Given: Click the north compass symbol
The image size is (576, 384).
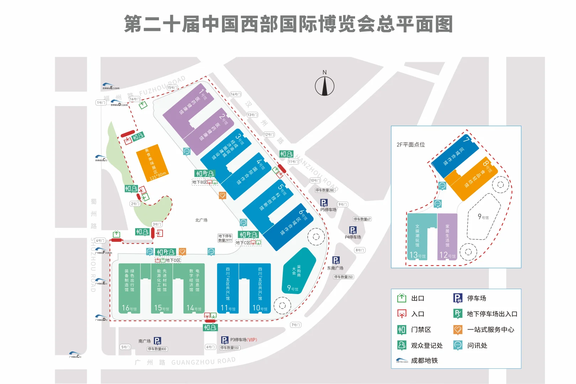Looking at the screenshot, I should (x=324, y=86).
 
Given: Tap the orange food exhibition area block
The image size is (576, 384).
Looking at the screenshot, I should (x=152, y=162).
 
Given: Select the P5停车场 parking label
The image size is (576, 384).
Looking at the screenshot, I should (x=328, y=210).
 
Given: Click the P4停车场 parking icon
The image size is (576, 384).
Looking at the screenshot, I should (x=353, y=230).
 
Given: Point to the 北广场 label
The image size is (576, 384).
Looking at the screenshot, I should (x=201, y=220).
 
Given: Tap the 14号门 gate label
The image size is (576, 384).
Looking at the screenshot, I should (x=236, y=94).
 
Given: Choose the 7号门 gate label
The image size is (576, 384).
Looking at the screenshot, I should (x=296, y=325).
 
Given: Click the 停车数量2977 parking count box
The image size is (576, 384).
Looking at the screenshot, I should (x=225, y=238).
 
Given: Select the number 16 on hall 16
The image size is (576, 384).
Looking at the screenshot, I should (x=125, y=308).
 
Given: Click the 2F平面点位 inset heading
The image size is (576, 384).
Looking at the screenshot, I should (x=411, y=145).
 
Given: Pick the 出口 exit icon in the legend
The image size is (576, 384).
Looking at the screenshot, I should (x=402, y=298).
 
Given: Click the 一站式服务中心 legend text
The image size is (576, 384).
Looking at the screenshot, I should (x=491, y=330).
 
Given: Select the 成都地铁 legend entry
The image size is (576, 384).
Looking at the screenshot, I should (x=424, y=361).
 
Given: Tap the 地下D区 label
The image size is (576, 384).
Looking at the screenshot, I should (x=173, y=260).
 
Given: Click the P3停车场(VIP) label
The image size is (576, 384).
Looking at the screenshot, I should (x=243, y=340).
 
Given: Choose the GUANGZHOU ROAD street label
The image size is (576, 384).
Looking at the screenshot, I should (x=203, y=362).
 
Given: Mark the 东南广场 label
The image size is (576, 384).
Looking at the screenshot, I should (x=335, y=268).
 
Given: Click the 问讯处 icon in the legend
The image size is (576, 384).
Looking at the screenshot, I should (x=458, y=345).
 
